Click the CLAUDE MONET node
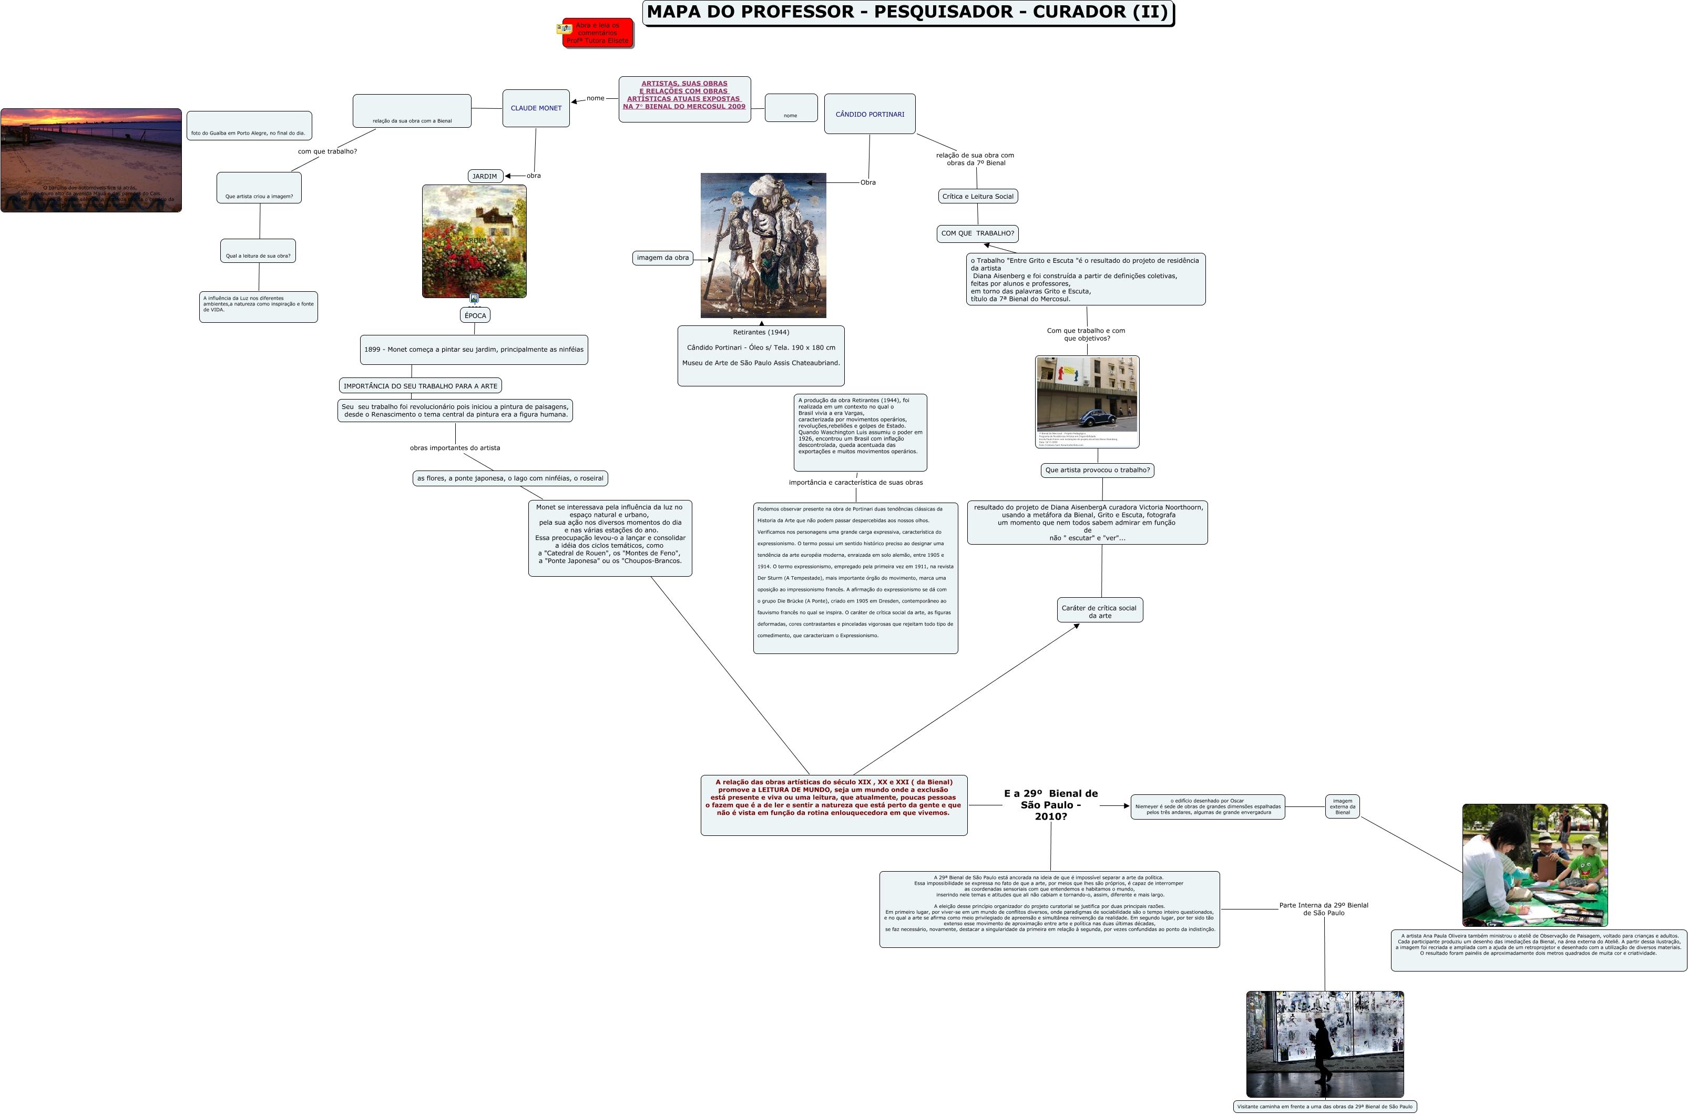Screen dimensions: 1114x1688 pos(536,108)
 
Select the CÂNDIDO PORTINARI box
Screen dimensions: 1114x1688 pos(869,114)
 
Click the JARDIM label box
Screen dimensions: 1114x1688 pos(485,176)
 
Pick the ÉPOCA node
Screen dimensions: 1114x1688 pos(475,315)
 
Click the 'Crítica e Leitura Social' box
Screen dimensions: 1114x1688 pos(978,196)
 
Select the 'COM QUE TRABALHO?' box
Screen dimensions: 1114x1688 pos(978,233)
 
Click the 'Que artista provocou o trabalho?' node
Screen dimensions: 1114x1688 pos(1097,469)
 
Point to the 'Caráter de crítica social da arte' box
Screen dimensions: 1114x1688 pos(1099,611)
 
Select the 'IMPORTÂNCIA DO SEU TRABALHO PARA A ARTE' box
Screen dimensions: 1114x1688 pos(420,386)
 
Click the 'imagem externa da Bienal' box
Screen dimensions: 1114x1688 pos(1342,806)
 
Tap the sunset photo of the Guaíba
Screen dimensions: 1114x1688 pos(91,160)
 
